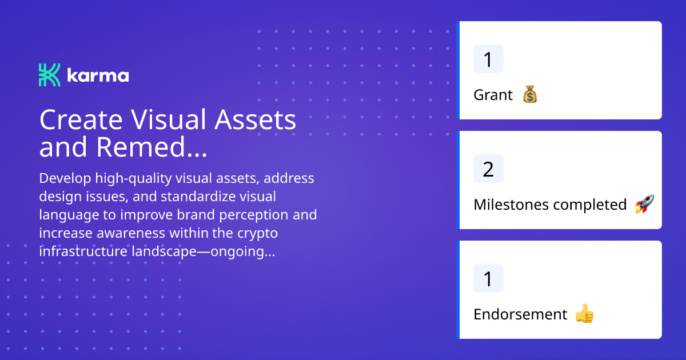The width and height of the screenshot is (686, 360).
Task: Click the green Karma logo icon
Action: point(50,75)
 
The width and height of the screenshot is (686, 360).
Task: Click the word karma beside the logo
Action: point(98,75)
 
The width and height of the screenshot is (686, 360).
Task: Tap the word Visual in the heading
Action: point(169,119)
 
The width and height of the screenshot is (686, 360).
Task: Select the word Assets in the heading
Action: point(255,119)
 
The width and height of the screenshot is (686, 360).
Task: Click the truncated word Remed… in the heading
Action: point(151,147)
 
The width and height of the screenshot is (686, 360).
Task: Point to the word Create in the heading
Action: point(81,119)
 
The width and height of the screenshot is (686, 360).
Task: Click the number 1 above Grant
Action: point(488,59)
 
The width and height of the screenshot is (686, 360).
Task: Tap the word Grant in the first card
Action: point(493,95)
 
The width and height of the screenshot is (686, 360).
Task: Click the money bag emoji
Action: point(530,94)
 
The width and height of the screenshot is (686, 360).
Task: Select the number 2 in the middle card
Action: point(488,169)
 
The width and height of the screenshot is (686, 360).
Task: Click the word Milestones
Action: point(511,205)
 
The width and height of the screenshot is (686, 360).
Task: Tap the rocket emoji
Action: point(644,204)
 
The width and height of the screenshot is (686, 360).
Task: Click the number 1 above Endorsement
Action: point(488,279)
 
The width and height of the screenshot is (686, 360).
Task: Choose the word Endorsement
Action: point(520,314)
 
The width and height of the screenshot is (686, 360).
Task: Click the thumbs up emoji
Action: point(585,313)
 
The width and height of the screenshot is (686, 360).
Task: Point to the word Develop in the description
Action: point(65,178)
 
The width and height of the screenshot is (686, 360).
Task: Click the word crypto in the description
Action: point(258,234)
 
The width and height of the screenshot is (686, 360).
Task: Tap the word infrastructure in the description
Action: point(83,251)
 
